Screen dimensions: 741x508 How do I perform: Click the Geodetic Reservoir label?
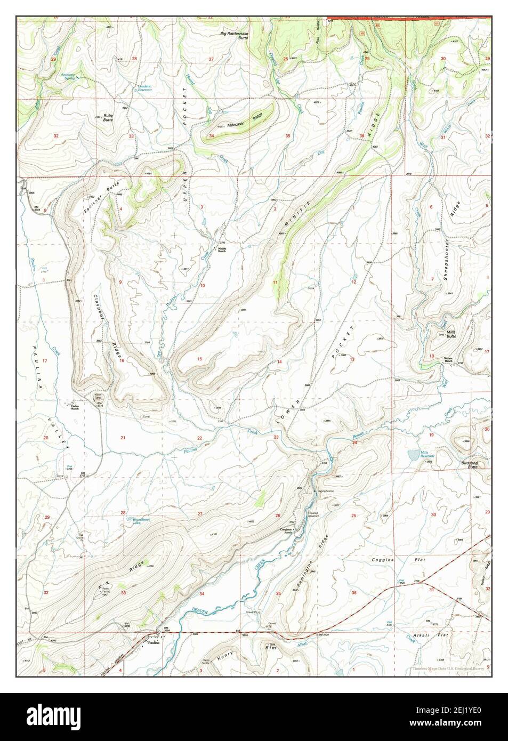click(144, 88)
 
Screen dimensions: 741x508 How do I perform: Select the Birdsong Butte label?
click(470, 465)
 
